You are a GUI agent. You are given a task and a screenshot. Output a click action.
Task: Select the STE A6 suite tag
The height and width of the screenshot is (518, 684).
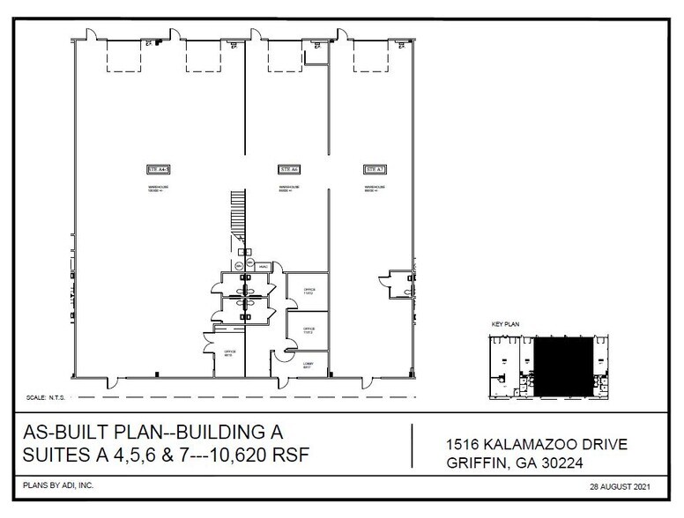(x=289, y=168)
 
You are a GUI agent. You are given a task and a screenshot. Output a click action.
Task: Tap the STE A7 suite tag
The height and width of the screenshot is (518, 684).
(x=375, y=168)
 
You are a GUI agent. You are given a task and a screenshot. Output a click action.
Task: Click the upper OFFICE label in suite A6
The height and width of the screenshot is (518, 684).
(x=309, y=291)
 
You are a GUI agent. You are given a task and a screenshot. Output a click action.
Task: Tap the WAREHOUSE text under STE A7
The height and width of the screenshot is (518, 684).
(x=375, y=189)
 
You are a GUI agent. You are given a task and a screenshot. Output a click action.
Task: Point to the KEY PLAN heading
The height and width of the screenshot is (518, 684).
(x=506, y=324)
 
